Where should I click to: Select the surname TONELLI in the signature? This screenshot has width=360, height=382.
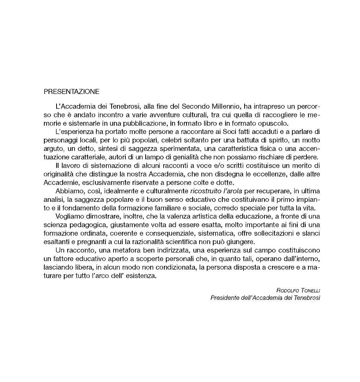[308, 291]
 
